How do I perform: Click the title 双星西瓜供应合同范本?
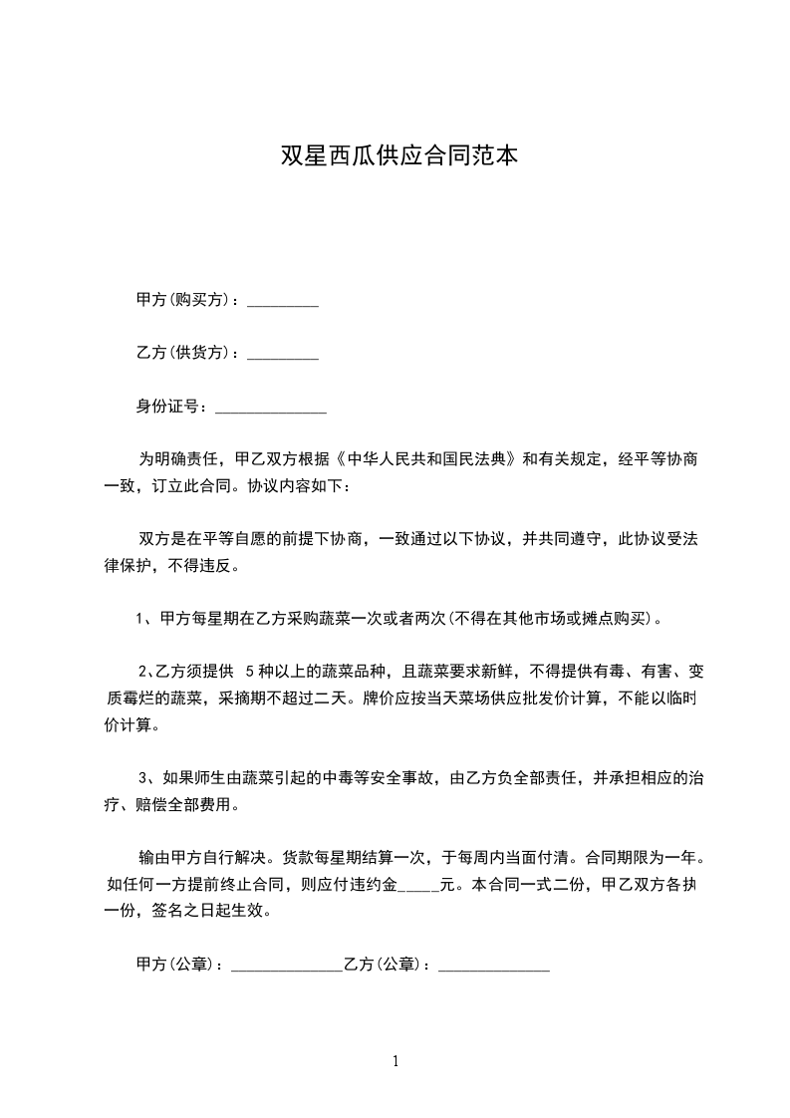point(399,156)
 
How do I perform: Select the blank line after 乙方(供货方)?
point(282,355)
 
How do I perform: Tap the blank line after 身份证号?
point(271,409)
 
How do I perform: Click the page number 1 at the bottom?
point(395,1061)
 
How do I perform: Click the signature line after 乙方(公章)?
point(494,967)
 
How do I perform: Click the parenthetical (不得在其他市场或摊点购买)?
point(553,619)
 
